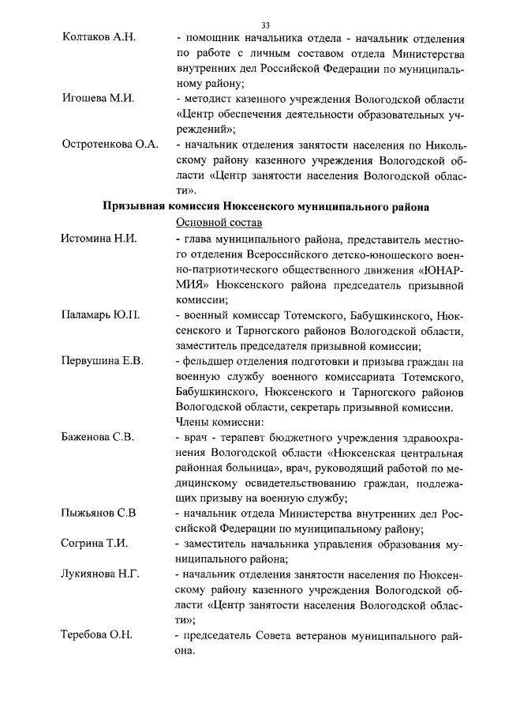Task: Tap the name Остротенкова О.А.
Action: (x=110, y=145)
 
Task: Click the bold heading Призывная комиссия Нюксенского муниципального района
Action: (x=266, y=206)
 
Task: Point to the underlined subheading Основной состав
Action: (x=213, y=222)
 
